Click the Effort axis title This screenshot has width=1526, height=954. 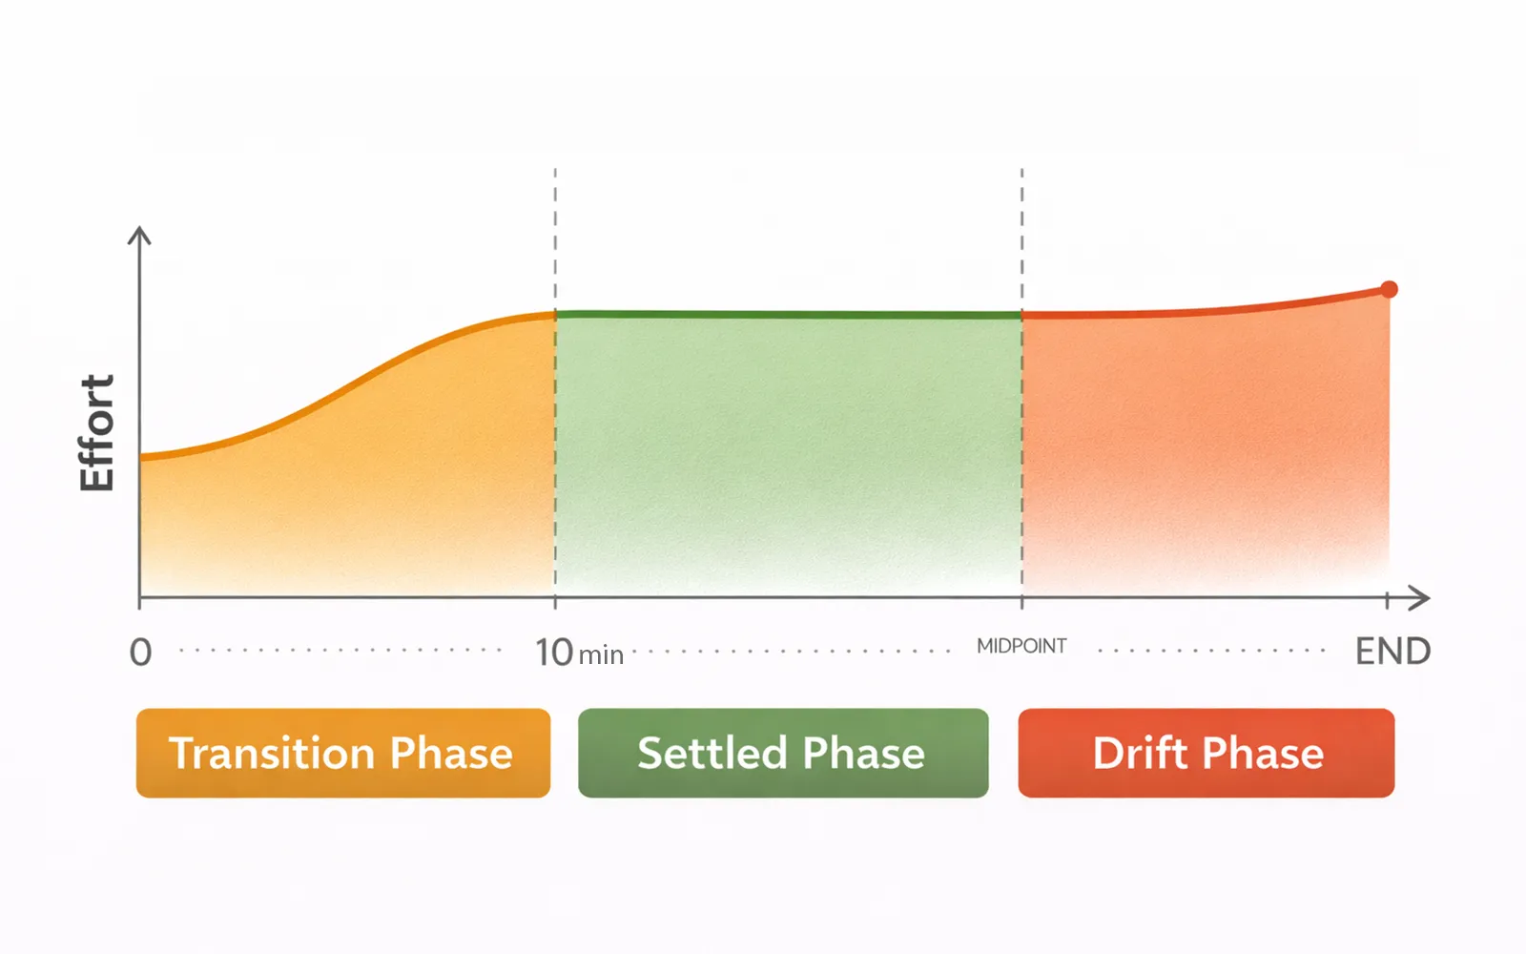pyautogui.click(x=96, y=432)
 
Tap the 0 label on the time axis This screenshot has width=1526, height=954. pyautogui.click(x=140, y=653)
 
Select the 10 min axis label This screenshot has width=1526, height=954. pyautogui.click(x=579, y=653)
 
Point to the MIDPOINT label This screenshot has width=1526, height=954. pyautogui.click(x=1021, y=646)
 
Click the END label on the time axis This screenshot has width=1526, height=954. pyautogui.click(x=1392, y=652)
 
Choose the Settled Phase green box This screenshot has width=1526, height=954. pyautogui.click(x=783, y=753)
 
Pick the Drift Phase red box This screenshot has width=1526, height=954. pyautogui.click(x=1206, y=753)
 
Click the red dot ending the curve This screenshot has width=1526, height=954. pyautogui.click(x=1389, y=290)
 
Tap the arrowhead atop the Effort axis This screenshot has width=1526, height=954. pyautogui.click(x=139, y=235)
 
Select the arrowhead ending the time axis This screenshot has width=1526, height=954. pyautogui.click(x=1419, y=598)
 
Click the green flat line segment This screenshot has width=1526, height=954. pyautogui.click(x=788, y=315)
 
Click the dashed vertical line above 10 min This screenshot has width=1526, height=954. pyautogui.click(x=555, y=382)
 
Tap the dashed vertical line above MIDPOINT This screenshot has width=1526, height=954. pyautogui.click(x=1021, y=382)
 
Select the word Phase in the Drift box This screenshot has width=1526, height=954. pyautogui.click(x=1263, y=753)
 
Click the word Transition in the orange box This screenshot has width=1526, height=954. pyautogui.click(x=271, y=753)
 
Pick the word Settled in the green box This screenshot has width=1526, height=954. pyautogui.click(x=712, y=753)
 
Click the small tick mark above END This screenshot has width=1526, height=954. pyautogui.click(x=1387, y=600)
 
